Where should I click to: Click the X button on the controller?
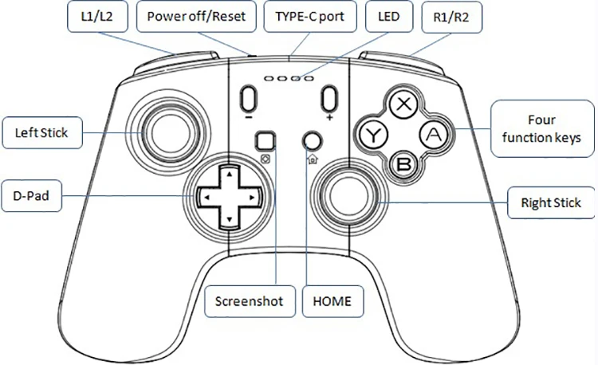[405, 104]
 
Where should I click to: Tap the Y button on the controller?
[372, 135]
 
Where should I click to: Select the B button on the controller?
[404, 164]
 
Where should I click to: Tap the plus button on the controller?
[328, 100]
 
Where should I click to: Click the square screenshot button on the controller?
[264, 141]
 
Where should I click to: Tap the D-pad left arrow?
[206, 194]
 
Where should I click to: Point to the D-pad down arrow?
[229, 218]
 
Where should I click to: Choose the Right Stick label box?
[550, 202]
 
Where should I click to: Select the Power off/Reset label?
[195, 16]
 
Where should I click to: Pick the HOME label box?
[332, 302]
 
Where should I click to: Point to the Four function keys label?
[541, 129]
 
